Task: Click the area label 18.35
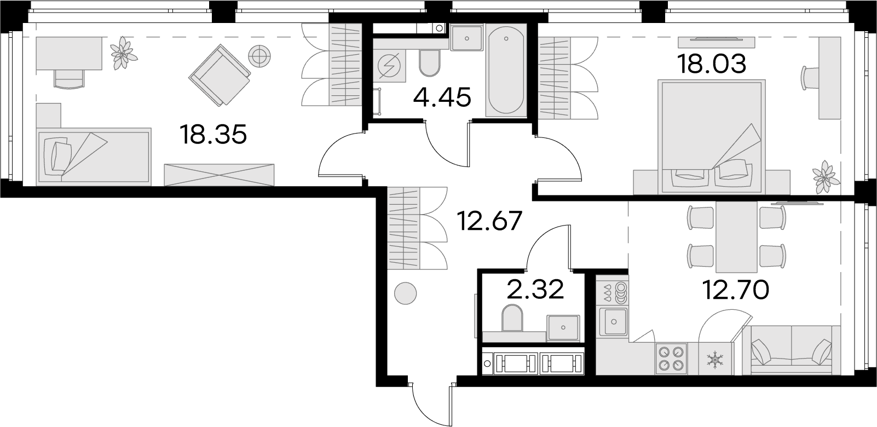(x=214, y=134)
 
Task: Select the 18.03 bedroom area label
(x=712, y=64)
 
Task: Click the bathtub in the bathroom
(x=506, y=71)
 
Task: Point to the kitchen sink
(x=614, y=322)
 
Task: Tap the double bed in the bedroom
(x=711, y=137)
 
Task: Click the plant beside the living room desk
(x=123, y=53)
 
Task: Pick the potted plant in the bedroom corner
(x=826, y=177)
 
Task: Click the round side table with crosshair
(x=259, y=56)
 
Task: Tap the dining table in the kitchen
(x=736, y=237)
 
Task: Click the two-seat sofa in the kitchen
(x=792, y=350)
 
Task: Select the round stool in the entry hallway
(x=405, y=293)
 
